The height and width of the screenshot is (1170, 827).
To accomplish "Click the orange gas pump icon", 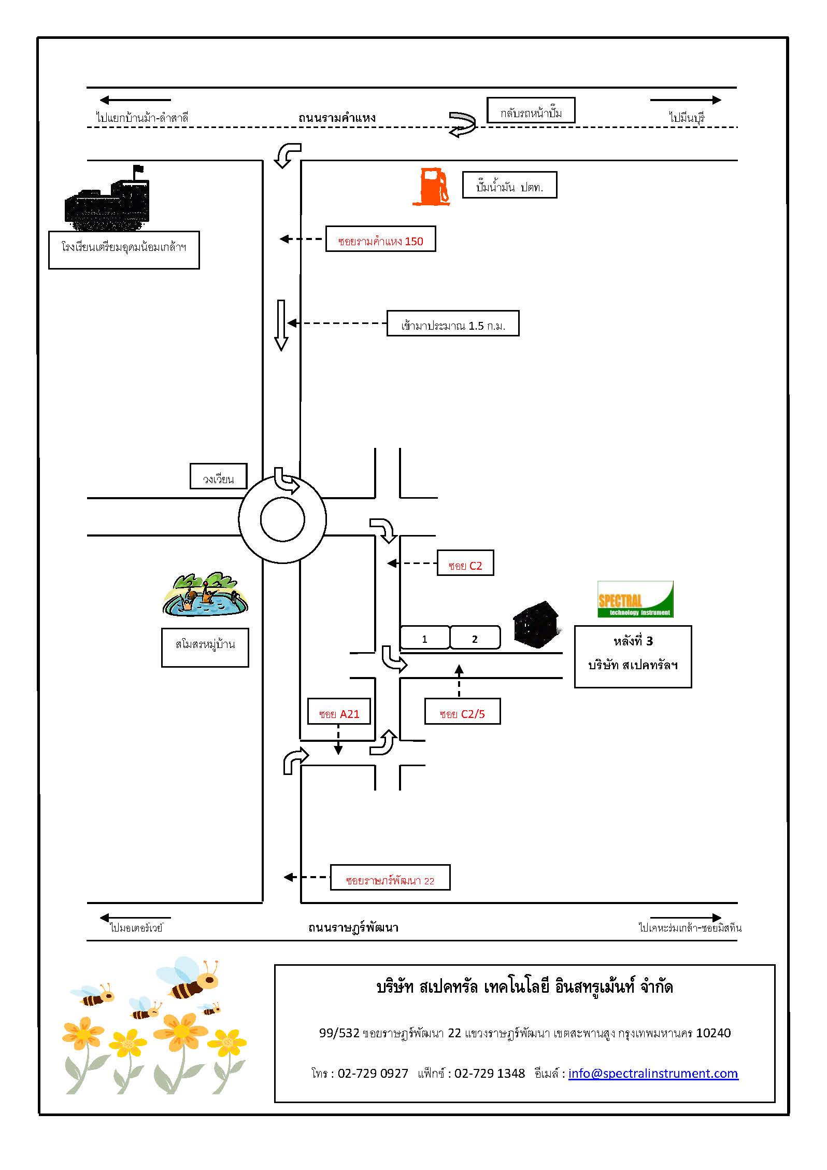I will point(431,187).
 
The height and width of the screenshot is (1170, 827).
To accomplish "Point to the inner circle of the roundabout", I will point(282,519).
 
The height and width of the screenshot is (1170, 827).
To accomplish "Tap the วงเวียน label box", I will point(218,476).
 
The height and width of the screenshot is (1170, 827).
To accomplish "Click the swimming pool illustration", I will point(205,596).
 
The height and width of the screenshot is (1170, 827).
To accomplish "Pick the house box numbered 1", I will point(424,638).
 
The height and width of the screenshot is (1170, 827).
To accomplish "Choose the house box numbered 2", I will point(475,638).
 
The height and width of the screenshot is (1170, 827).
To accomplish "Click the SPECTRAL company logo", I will point(635,599).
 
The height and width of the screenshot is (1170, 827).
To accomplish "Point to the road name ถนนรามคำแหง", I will point(337,118).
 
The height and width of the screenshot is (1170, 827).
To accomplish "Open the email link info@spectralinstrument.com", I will point(653,1073).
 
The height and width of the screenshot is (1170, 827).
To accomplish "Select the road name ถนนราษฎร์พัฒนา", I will point(353,927).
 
